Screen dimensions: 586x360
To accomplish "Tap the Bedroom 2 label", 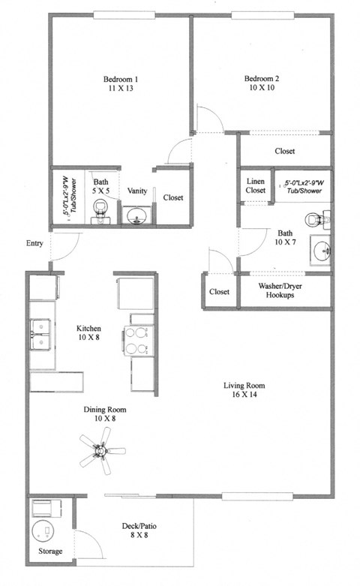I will tap(262, 80).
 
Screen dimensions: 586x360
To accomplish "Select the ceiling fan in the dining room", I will tap(100, 452).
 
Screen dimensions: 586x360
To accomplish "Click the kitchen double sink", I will tap(40, 334).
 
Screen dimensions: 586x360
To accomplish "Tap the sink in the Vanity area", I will tap(136, 217).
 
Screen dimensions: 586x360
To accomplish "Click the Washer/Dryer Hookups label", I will tap(285, 290).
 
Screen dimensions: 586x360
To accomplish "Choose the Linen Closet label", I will tap(256, 186).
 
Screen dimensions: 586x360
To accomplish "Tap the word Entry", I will tap(34, 243).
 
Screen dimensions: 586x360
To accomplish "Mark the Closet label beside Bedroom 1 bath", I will tap(173, 197).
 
